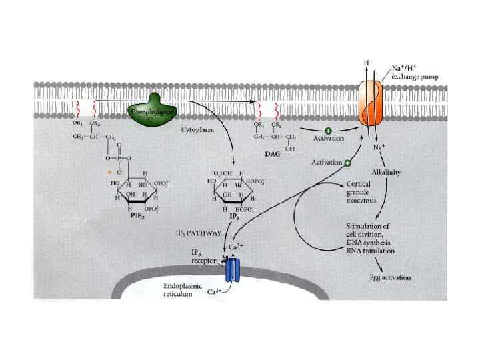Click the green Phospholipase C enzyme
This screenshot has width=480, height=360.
click(153, 111)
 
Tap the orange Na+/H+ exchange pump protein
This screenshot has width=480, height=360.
click(372, 103)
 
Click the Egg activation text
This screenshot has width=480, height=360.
click(390, 277)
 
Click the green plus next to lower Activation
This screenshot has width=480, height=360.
click(347, 162)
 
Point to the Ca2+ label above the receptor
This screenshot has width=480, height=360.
click(237, 247)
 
